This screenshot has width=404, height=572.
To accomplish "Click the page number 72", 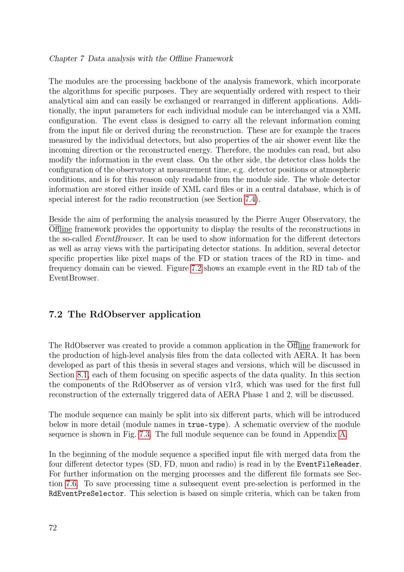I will (x=53, y=528).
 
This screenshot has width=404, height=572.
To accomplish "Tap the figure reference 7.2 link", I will (x=196, y=268).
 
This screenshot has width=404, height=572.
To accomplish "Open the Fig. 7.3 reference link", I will (x=145, y=434).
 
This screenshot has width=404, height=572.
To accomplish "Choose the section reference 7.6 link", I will (x=72, y=484).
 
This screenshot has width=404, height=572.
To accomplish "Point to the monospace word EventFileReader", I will (x=328, y=464).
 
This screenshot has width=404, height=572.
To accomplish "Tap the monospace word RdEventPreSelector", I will (x=86, y=494).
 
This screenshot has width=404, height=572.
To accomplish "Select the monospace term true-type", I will (x=206, y=425).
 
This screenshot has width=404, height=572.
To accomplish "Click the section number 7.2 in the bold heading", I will (x=55, y=314).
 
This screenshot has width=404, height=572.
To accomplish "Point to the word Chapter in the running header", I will (x=63, y=59).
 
